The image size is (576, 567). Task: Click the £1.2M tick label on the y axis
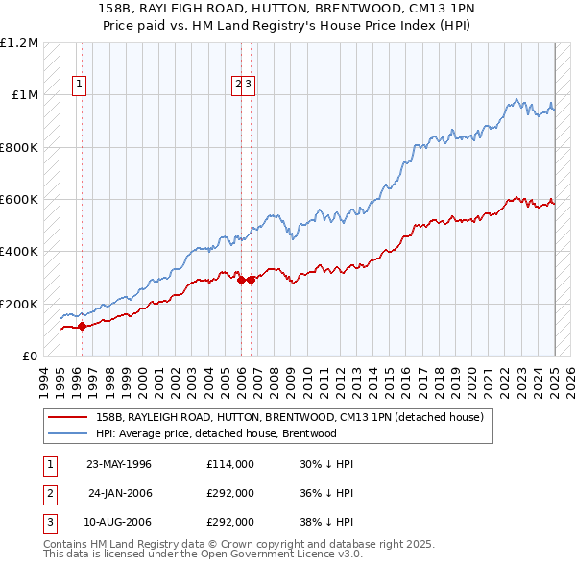(19, 43)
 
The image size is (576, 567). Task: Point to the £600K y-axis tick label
(19, 200)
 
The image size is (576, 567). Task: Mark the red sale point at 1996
(83, 326)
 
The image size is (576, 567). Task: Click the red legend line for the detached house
(68, 417)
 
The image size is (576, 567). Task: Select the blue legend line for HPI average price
(68, 433)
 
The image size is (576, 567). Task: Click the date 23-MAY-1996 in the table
(119, 464)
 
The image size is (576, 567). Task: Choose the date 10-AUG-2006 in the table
(119, 522)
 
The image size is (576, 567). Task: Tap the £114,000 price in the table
(230, 464)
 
